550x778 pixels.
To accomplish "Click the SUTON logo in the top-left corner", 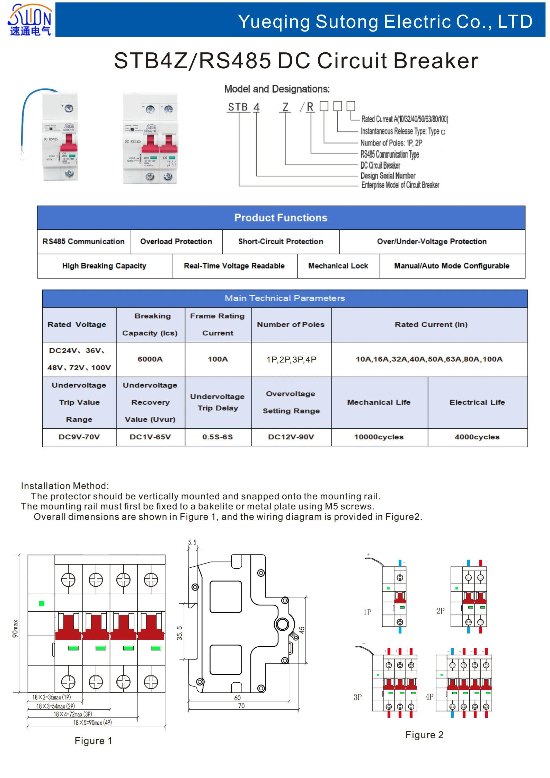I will [x=30, y=20].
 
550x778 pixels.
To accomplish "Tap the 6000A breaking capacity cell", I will [x=150, y=359].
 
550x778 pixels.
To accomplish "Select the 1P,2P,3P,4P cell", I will [x=291, y=359].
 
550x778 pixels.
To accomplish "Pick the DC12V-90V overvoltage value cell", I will [x=291, y=437].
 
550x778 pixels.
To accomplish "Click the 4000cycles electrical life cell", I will [x=477, y=437].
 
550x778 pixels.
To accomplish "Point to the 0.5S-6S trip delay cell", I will [x=218, y=437].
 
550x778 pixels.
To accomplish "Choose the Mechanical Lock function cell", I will [x=338, y=266].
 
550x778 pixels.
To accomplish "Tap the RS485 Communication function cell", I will [x=83, y=242].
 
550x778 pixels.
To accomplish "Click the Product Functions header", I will [x=281, y=218].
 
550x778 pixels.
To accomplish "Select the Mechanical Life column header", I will [x=379, y=402].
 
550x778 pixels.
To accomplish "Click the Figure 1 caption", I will [x=93, y=741].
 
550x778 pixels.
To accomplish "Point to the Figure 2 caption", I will [x=424, y=735].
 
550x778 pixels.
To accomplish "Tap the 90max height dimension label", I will [x=15, y=628].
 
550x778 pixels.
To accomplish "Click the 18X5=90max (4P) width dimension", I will [x=92, y=723].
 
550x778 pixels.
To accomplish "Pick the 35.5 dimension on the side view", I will [x=179, y=633].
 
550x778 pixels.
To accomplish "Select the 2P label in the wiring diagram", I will [x=440, y=611].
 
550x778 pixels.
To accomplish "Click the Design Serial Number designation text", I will [x=388, y=176].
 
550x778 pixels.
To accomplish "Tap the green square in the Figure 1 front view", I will [x=42, y=603].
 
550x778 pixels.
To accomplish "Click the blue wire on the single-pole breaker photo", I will [x=25, y=111].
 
